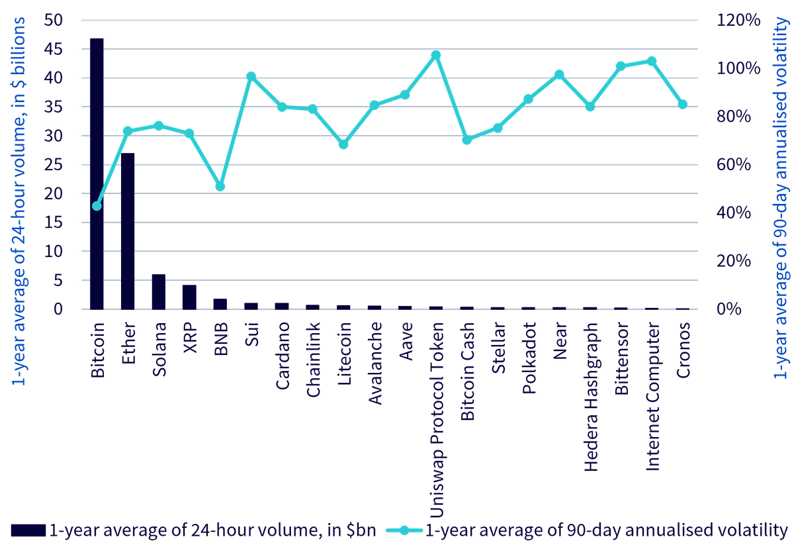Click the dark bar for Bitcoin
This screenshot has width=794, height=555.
click(97, 174)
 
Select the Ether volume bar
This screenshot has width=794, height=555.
click(128, 231)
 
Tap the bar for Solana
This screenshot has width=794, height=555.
click(159, 291)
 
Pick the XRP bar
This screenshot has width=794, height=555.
click(190, 297)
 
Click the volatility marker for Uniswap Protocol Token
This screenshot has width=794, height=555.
click(436, 55)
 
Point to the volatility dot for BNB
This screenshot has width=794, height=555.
click(220, 186)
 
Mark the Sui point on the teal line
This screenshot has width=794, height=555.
click(251, 77)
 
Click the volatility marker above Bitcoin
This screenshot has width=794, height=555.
click(97, 206)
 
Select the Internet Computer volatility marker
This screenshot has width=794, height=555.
click(652, 62)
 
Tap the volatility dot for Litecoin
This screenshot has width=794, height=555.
click(343, 144)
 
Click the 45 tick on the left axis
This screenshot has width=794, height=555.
click(53, 49)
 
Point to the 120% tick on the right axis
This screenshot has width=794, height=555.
click(738, 20)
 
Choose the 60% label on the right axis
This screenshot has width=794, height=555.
click(733, 165)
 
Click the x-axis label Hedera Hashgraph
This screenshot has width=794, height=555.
click(591, 397)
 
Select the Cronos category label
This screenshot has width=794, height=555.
click(683, 350)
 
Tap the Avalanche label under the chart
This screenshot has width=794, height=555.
click(375, 363)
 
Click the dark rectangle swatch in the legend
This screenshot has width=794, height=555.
click(28, 530)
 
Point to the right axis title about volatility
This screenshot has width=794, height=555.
click(781, 197)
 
